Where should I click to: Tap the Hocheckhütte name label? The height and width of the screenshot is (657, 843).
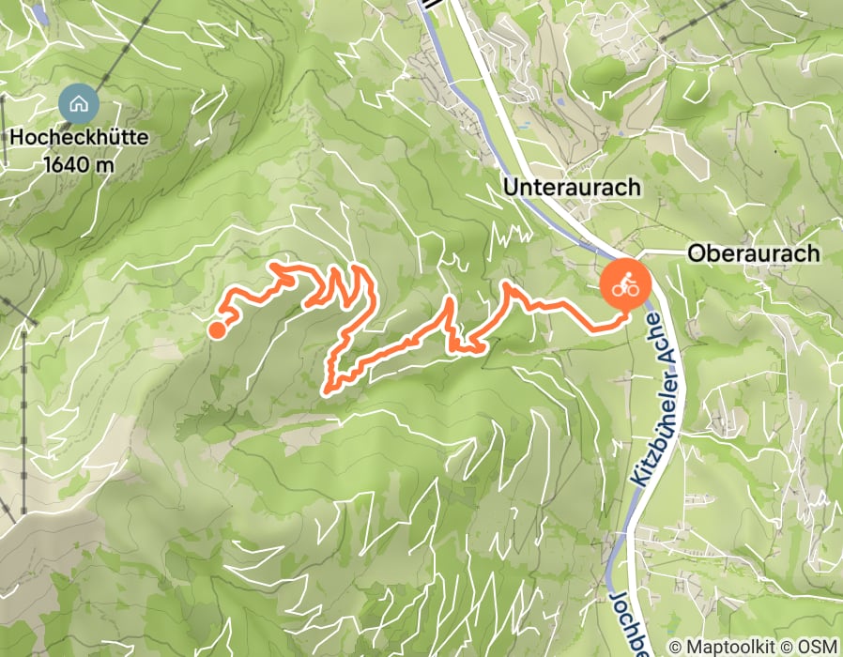pyautogui.click(x=79, y=138)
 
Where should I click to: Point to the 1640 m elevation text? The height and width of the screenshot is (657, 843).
pyautogui.click(x=79, y=164)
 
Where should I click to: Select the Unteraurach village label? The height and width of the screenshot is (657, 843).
pyautogui.click(x=572, y=187)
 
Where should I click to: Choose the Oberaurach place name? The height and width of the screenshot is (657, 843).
pyautogui.click(x=753, y=253)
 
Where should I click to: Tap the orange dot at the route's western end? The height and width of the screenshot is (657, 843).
pyautogui.click(x=217, y=329)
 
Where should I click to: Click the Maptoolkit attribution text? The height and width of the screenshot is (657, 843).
pyautogui.click(x=728, y=647)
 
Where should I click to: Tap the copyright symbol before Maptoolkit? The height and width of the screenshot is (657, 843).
pyautogui.click(x=675, y=647)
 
